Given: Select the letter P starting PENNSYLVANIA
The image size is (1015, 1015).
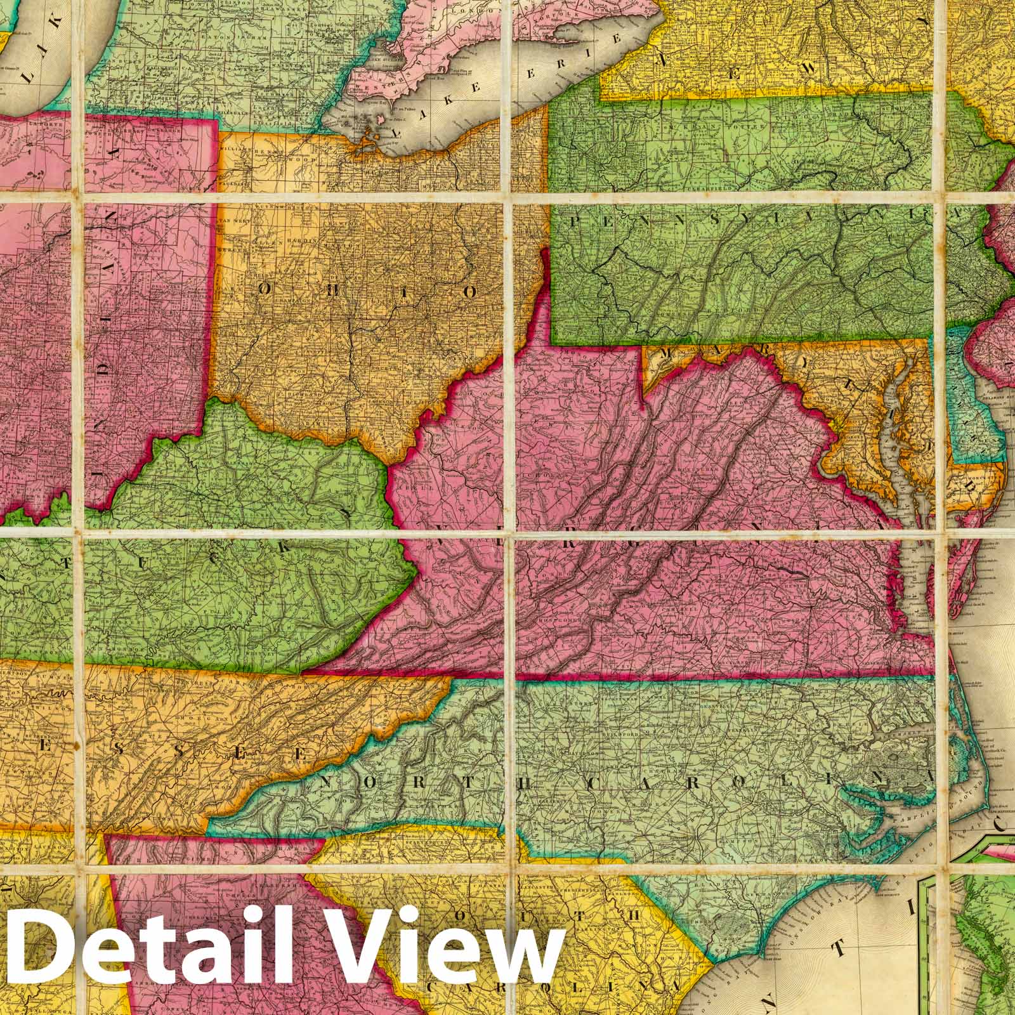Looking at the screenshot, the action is pyautogui.click(x=576, y=221).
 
